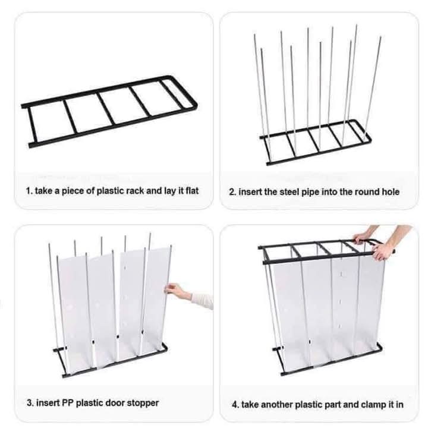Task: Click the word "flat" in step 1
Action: [x=192, y=190]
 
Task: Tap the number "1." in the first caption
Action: [x=29, y=191]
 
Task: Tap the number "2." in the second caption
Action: [x=233, y=192]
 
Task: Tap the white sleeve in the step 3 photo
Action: [x=202, y=300]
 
